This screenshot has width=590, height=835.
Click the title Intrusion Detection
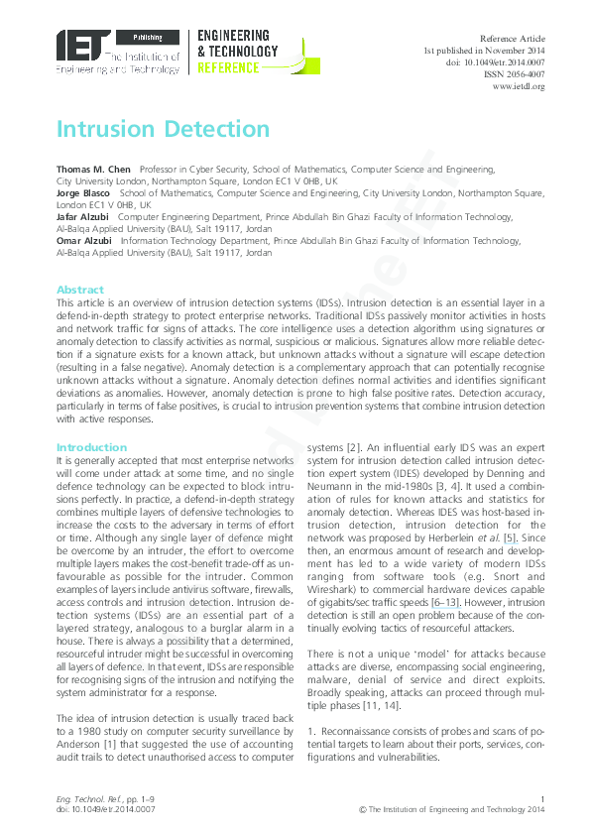pyautogui.click(x=163, y=129)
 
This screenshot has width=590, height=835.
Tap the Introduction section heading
pyautogui.click(x=91, y=448)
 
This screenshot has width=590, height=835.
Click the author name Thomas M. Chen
pyautogui.click(x=93, y=171)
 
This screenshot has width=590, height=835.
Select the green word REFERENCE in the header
pyautogui.click(x=228, y=68)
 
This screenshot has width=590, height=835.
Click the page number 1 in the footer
pyautogui.click(x=542, y=799)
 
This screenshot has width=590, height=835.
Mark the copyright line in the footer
pyautogui.click(x=452, y=810)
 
